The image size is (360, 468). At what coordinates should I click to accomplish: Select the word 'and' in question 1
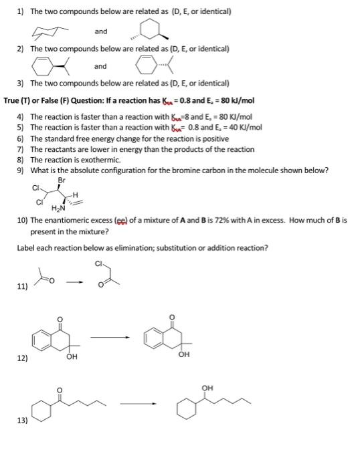[x=100, y=31]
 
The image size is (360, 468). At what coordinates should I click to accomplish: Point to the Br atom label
[x=62, y=179]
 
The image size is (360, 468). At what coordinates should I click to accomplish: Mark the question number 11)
[x=22, y=287]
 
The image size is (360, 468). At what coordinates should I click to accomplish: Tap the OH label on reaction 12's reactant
[x=71, y=358]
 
